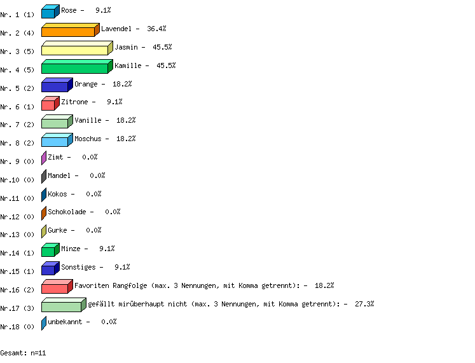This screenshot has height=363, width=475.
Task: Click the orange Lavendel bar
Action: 71,30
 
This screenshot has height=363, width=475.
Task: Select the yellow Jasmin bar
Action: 77,48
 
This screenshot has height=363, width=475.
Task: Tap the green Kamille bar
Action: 77,67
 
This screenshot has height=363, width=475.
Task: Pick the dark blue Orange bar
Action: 57,85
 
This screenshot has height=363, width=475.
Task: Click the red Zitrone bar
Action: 51,103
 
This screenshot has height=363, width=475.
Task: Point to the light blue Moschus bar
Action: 57,140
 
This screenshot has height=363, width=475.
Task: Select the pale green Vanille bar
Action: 57,121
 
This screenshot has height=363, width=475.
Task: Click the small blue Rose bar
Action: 51,11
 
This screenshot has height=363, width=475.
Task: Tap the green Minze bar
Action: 51,250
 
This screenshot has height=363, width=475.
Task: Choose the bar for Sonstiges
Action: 51,268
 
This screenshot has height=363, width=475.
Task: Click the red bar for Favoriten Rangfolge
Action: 57,287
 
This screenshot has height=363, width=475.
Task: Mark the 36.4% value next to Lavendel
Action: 156,29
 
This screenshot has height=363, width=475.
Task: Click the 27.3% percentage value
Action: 364,304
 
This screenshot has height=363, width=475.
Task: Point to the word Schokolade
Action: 67,212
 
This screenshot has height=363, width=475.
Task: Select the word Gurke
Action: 57,230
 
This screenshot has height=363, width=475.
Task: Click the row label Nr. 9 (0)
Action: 17,161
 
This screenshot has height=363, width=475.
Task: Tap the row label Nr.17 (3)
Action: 17,308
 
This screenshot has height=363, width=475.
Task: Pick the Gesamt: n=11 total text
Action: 23,353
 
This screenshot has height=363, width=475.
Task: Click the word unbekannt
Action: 65,322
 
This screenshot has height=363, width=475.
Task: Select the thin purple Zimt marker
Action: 44,158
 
